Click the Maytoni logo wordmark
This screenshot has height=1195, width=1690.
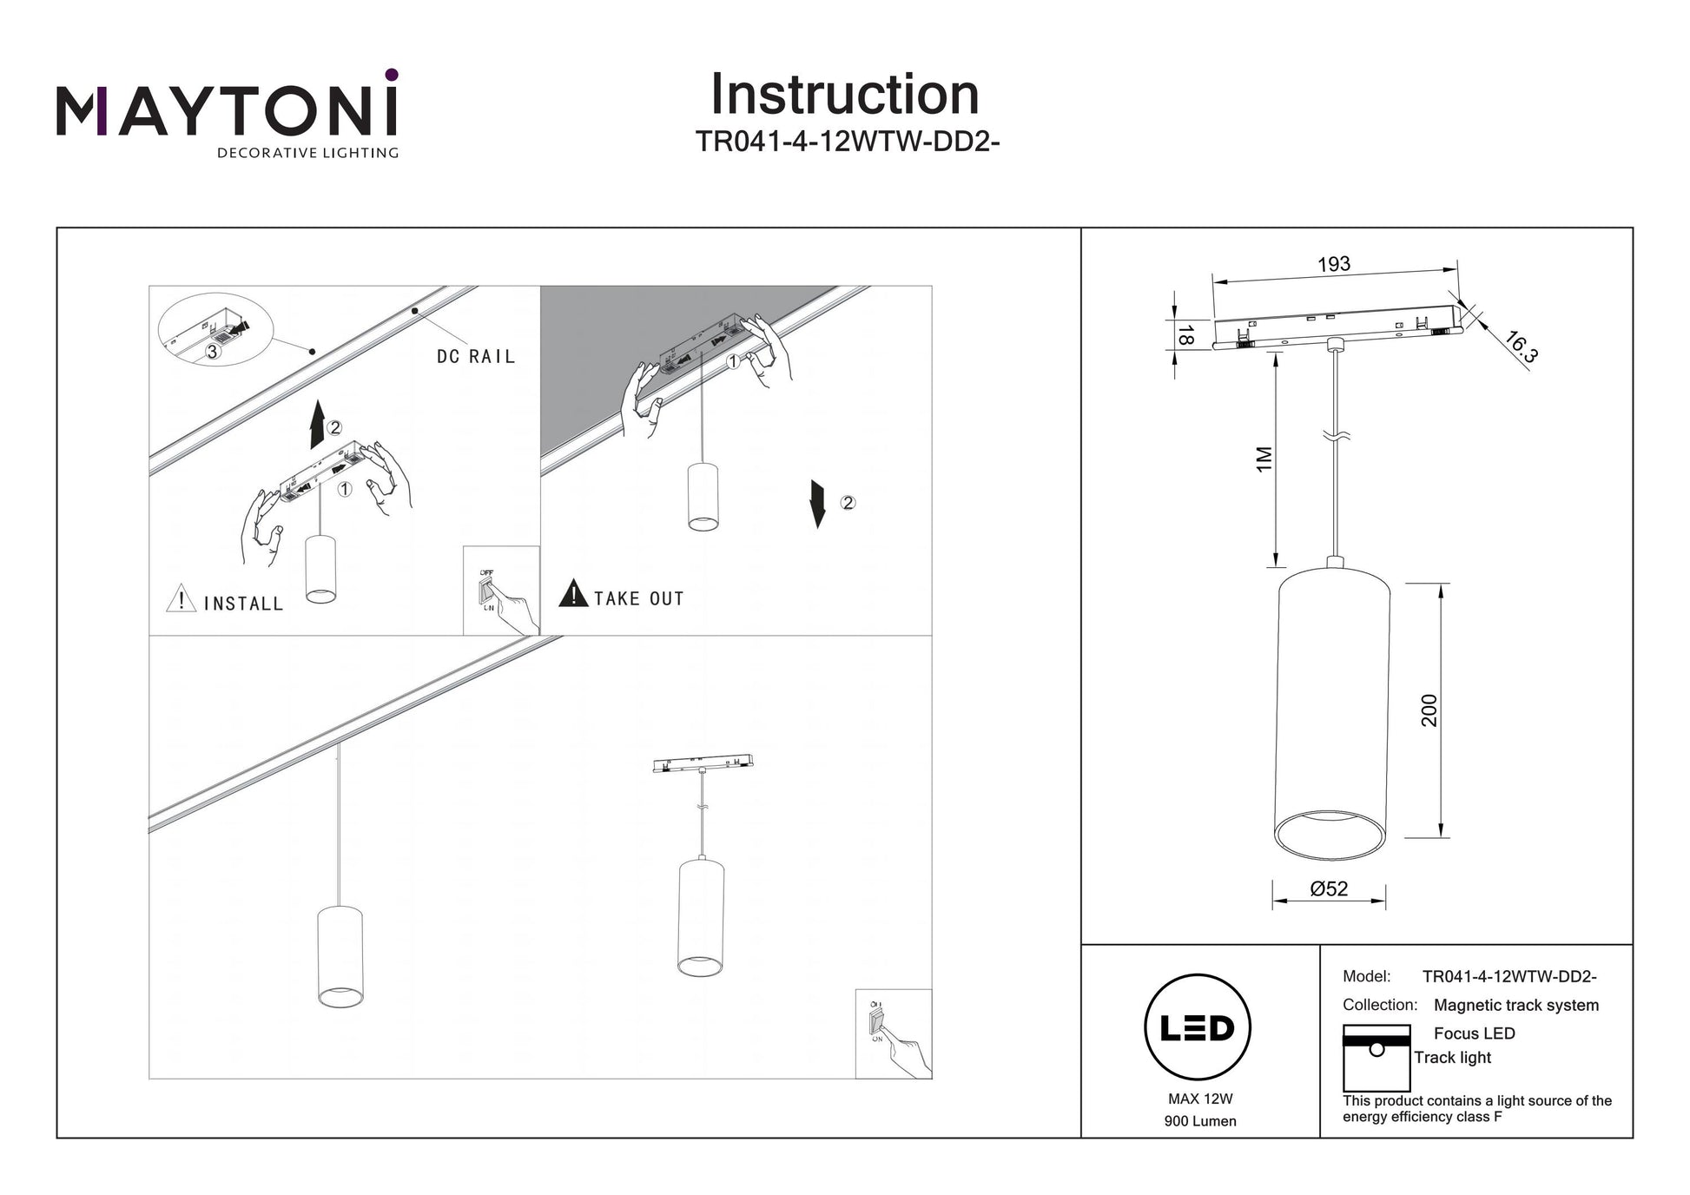click(227, 112)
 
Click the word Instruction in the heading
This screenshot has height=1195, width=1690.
click(844, 95)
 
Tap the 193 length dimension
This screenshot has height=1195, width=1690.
click(1334, 264)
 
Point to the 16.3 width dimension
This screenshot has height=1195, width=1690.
click(1521, 347)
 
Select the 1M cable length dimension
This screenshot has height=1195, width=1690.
click(1264, 459)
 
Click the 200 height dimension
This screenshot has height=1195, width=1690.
click(1429, 710)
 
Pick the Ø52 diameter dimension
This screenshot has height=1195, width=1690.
click(1329, 888)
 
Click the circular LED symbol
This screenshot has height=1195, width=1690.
click(1198, 1027)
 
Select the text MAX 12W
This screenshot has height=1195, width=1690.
click(1200, 1099)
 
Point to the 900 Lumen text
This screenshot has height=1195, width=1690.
click(1200, 1121)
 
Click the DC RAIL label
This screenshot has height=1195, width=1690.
click(476, 357)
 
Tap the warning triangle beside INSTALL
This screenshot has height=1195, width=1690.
click(181, 598)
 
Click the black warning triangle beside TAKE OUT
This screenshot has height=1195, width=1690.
click(573, 594)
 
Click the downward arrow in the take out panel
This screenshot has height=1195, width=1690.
click(817, 503)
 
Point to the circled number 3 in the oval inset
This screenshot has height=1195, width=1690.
click(212, 352)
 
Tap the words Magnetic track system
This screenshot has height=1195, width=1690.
click(1515, 1005)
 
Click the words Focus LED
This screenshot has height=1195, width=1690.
click(1474, 1033)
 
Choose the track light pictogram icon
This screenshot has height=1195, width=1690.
click(1376, 1058)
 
